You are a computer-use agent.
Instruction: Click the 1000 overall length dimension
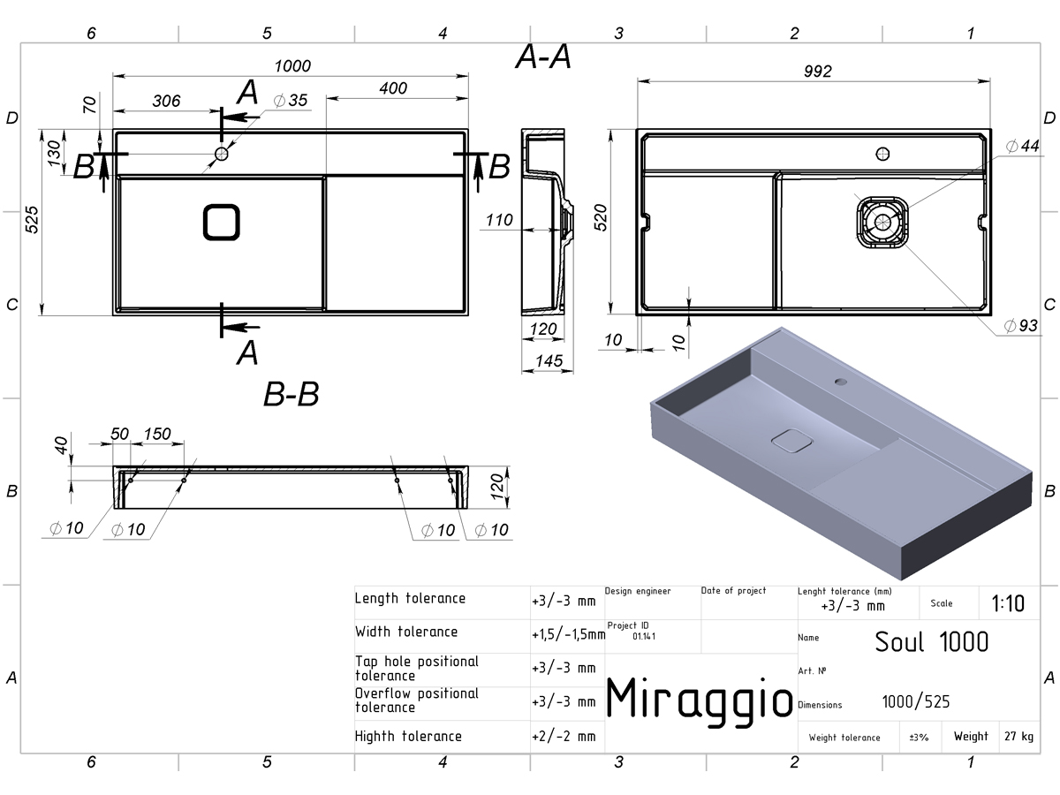point(292,65)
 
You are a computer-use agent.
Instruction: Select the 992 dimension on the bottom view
point(818,72)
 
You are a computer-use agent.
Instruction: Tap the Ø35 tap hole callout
point(291,101)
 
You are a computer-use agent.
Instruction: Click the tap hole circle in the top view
point(221,154)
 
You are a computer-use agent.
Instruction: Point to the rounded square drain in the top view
point(221,222)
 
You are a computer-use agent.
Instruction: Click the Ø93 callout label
point(1020,325)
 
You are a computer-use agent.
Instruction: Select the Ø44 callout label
point(1022,146)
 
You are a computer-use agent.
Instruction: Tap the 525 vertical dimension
point(32,220)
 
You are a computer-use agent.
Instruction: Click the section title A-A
point(543,57)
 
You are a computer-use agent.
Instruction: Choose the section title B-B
point(291,394)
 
